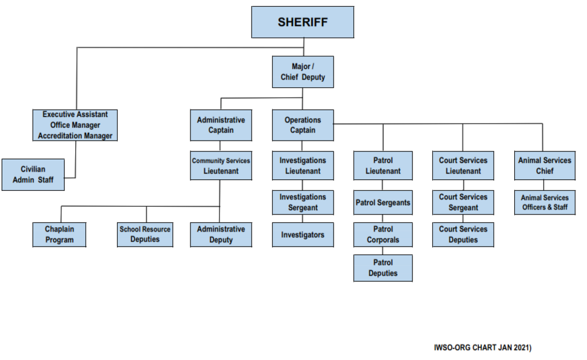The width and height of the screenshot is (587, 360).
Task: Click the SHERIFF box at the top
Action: [303, 22]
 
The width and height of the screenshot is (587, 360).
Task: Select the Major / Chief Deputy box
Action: [303, 72]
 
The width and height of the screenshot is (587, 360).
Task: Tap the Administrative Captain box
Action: [221, 125]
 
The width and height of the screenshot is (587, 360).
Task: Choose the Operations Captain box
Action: [303, 125]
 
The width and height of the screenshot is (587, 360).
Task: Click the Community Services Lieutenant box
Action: [221, 165]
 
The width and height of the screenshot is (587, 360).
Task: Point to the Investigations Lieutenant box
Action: [303, 165]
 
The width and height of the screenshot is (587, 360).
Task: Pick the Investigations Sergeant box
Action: [303, 202]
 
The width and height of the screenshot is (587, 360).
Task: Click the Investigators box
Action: [303, 235]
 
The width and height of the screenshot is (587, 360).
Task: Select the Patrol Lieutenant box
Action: [383, 165]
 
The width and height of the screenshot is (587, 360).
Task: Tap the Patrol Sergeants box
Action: [383, 202]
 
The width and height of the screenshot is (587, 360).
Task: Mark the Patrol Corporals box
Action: [383, 235]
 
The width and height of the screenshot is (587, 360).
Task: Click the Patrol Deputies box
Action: [383, 268]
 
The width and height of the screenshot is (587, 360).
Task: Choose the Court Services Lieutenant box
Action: [463, 165]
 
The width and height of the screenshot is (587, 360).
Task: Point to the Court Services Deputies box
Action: [463, 235]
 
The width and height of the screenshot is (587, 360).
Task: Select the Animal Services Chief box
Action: [544, 165]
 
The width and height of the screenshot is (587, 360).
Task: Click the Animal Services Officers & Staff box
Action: [544, 202]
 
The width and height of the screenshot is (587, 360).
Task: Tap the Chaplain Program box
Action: [59, 235]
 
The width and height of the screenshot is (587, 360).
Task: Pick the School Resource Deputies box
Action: [145, 235]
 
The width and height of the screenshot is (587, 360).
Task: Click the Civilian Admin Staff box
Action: [33, 175]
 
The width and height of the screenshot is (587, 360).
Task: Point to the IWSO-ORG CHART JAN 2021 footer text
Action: [483, 348]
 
